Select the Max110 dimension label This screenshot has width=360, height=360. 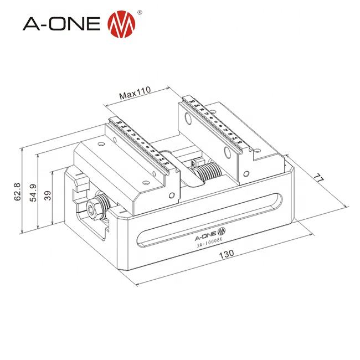[x=136, y=95]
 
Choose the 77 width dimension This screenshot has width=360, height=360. [x=318, y=179]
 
